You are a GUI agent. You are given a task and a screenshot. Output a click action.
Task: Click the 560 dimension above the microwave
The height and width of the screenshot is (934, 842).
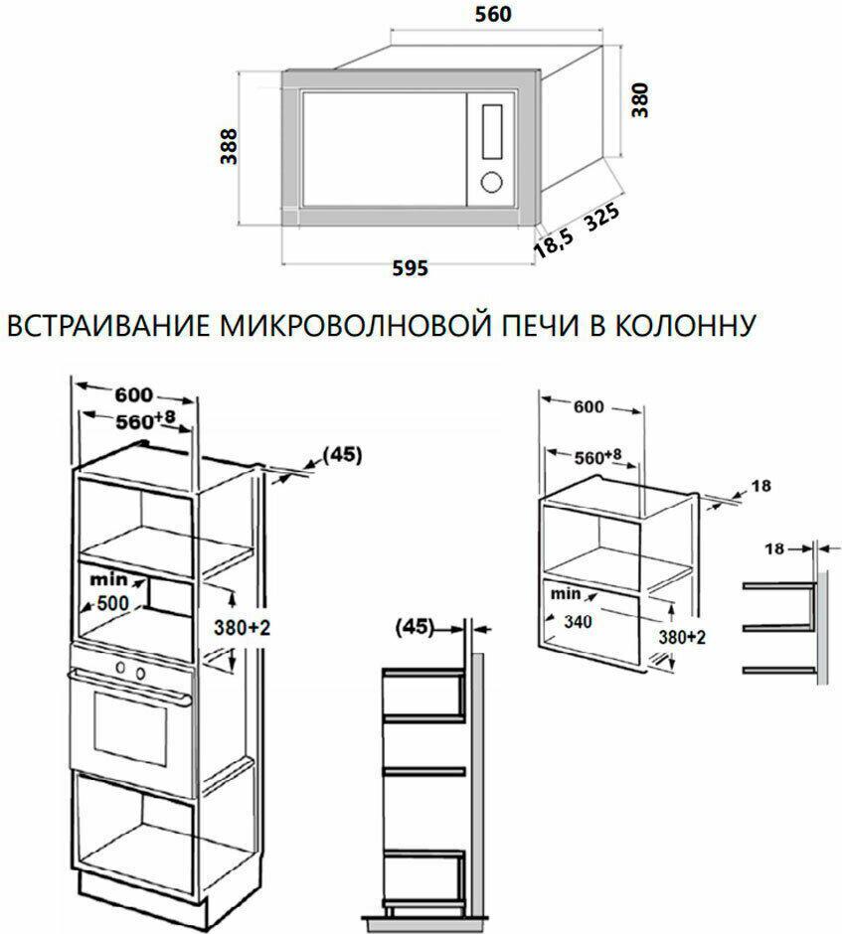493,14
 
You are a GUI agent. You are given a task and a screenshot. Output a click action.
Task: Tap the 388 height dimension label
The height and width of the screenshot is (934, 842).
229,146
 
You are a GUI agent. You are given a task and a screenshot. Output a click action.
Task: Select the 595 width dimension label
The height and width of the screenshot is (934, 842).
410,268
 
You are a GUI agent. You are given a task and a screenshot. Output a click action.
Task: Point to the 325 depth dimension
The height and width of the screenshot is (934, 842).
601,218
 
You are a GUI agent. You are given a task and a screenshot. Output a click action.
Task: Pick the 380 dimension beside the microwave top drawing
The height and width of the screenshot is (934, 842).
639,100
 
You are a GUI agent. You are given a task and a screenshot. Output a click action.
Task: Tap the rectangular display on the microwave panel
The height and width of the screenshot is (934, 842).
492,131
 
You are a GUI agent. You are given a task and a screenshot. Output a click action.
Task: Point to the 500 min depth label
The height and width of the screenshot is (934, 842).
113,603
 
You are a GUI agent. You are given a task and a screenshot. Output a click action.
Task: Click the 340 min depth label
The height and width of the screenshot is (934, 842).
578,622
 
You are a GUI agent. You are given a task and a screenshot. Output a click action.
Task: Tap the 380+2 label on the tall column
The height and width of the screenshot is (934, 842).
242,627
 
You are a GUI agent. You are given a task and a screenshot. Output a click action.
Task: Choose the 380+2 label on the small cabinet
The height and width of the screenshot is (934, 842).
682,637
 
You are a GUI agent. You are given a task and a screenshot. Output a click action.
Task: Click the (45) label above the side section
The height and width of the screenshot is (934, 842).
415,627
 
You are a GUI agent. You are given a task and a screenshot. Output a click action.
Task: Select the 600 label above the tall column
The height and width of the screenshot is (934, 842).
134,394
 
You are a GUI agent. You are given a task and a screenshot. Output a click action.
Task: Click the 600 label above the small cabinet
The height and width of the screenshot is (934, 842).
589,406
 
